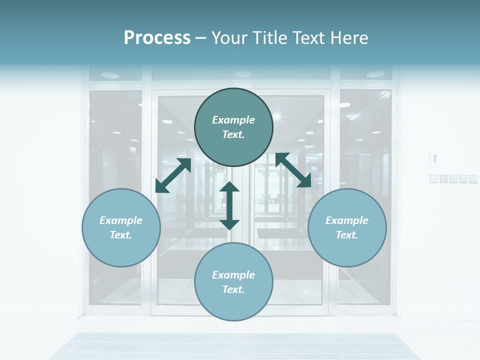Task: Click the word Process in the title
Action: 157,38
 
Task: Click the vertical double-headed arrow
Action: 229,205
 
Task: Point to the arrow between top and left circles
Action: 173,175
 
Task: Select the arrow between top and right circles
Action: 293,170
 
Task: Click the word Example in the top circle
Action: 233,120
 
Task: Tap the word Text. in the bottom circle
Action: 233,289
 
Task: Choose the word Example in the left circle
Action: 121,220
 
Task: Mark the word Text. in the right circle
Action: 347,235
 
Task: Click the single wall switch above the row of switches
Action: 434,159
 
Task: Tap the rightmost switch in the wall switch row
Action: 473,178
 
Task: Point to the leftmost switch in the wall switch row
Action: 434,178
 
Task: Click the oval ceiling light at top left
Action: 110,75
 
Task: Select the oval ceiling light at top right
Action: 375,74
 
